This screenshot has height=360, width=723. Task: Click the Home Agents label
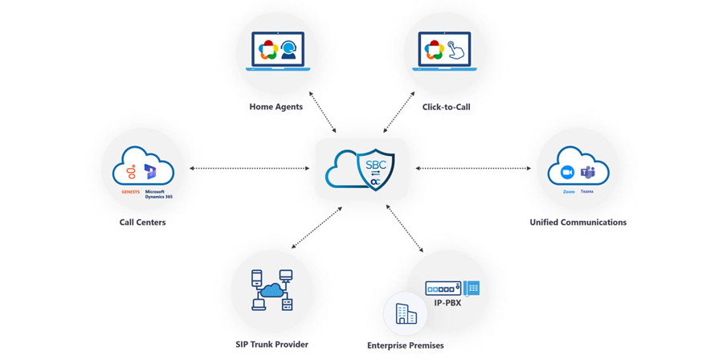276,107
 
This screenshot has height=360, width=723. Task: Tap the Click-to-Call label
446,107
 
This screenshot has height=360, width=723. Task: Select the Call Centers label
142,222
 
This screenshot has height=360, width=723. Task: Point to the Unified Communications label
578,222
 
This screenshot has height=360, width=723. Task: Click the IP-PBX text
447,303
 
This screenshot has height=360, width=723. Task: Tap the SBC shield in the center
375,170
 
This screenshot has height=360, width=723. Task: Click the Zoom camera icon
567,173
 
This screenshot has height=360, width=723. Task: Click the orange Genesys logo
130,173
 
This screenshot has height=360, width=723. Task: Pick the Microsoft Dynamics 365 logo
150,172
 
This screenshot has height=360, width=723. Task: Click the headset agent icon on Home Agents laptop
289,51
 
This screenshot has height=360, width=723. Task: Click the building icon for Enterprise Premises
406,313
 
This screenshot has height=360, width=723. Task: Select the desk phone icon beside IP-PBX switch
472,288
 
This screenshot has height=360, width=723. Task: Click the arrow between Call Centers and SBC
249,169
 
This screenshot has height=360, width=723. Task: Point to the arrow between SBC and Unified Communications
473,169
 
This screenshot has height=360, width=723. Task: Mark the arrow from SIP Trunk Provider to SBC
317,227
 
